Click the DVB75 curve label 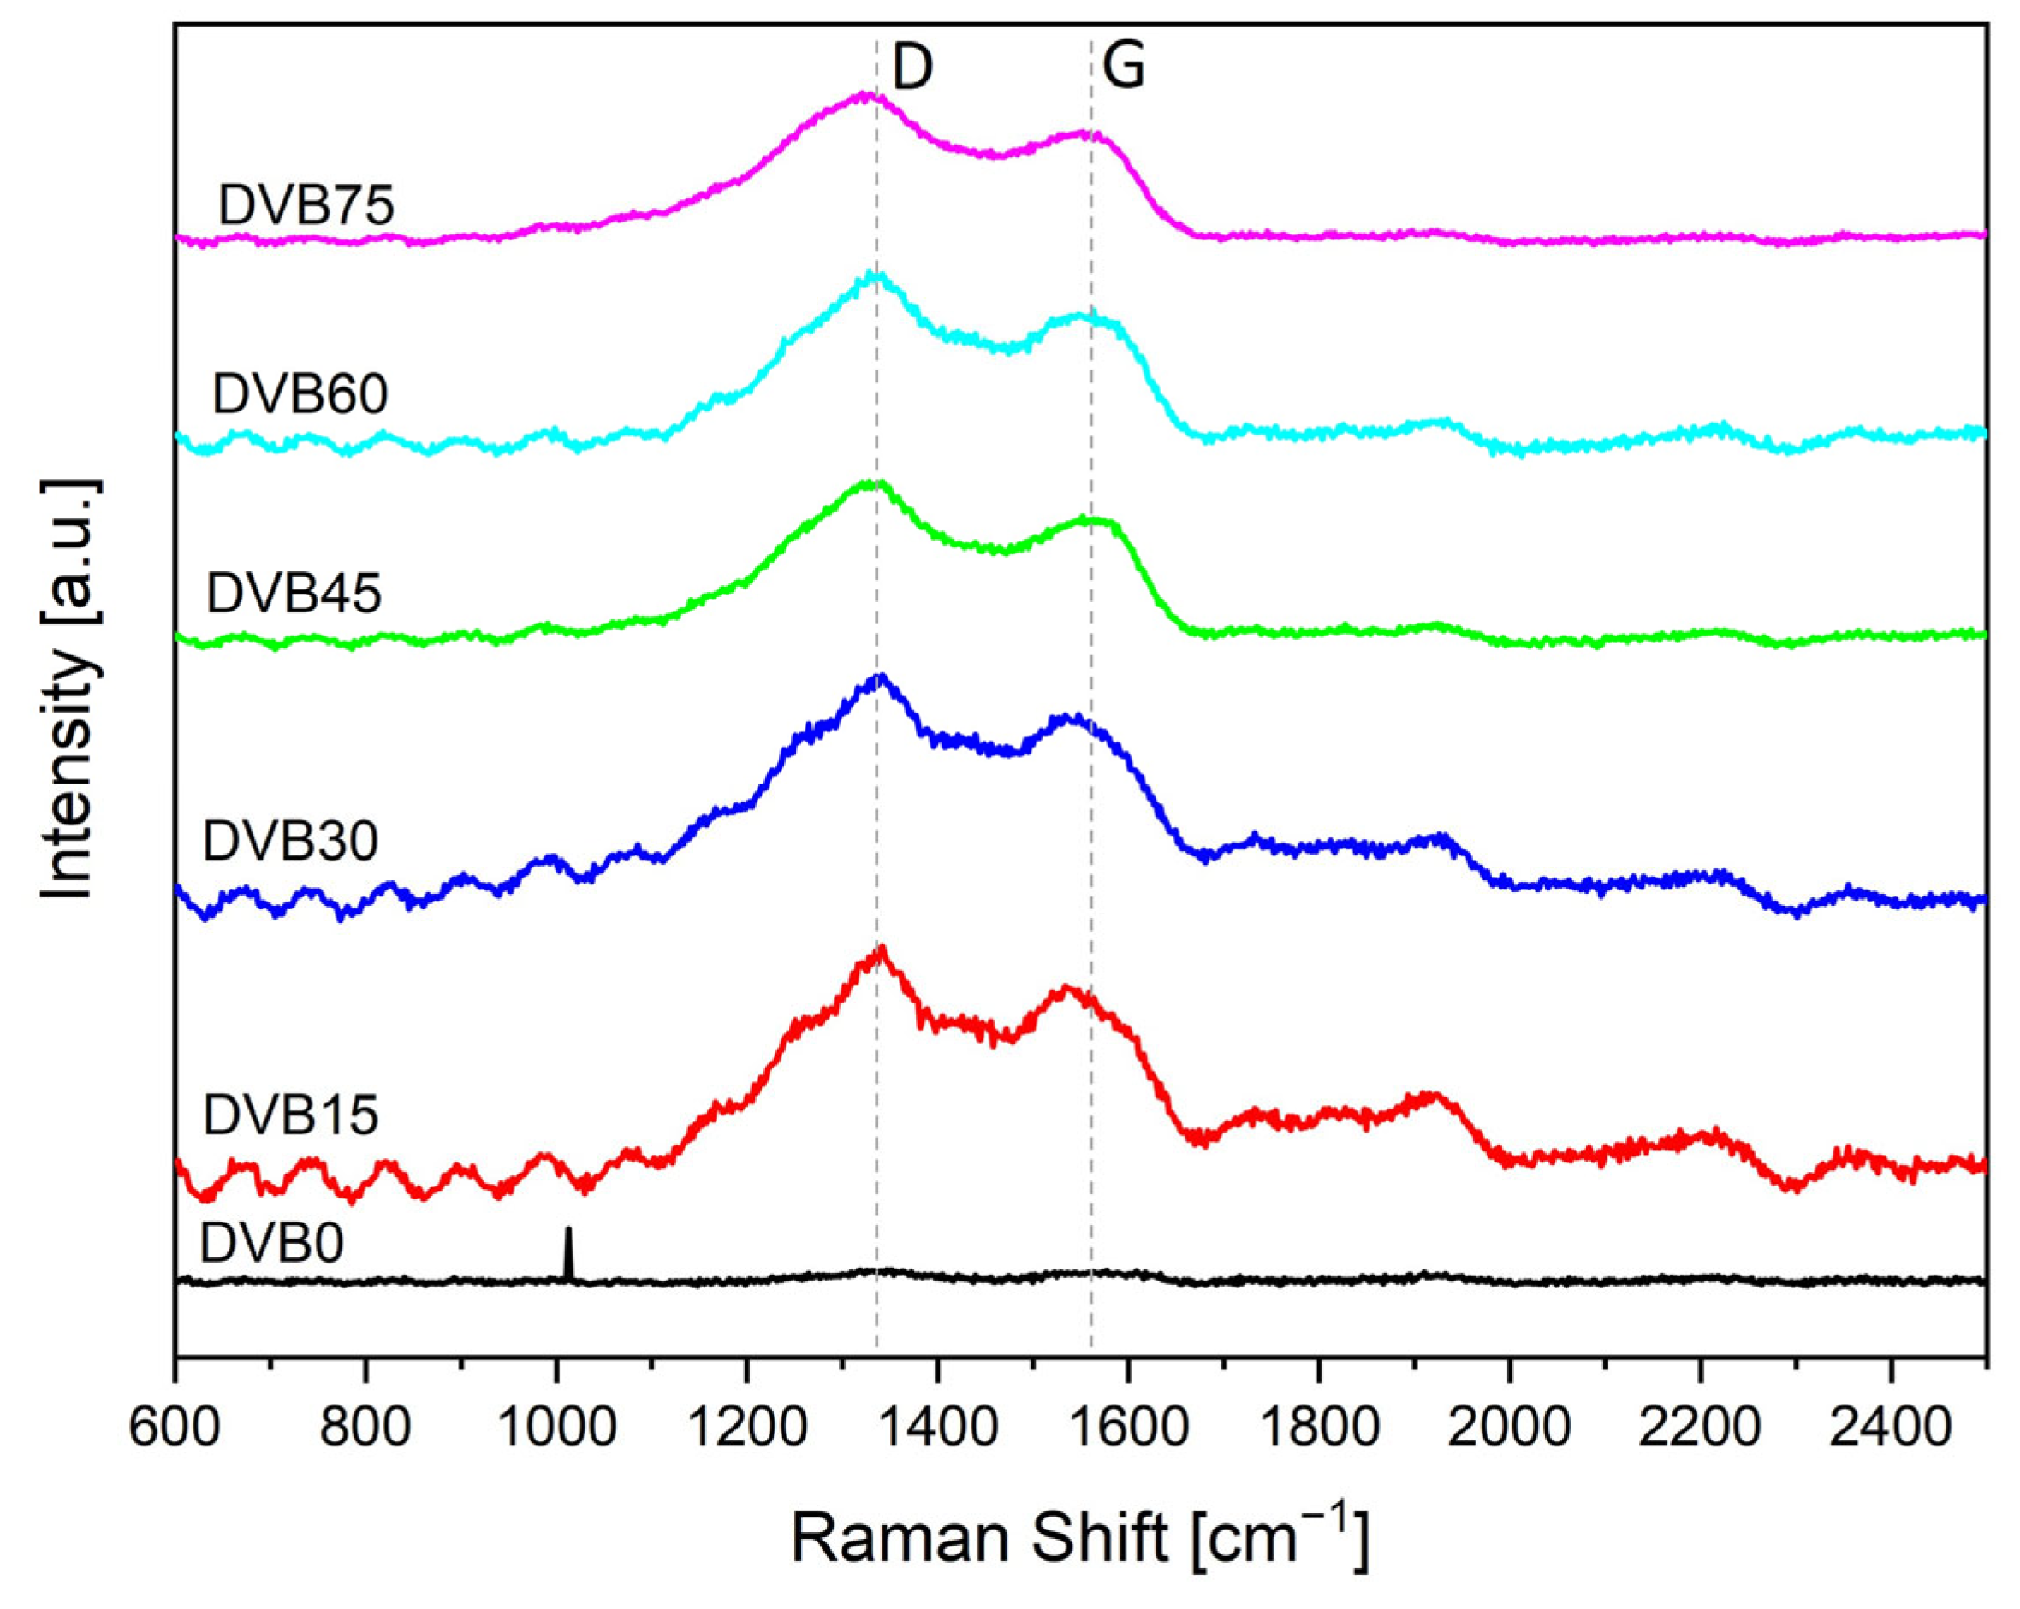click(306, 205)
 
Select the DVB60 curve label click(300, 394)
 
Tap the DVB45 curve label click(294, 593)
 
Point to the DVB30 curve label click(290, 841)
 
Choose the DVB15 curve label click(290, 1115)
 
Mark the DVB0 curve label click(271, 1244)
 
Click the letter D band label click(912, 68)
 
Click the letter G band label click(1123, 68)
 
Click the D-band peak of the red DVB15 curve click(881, 951)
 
